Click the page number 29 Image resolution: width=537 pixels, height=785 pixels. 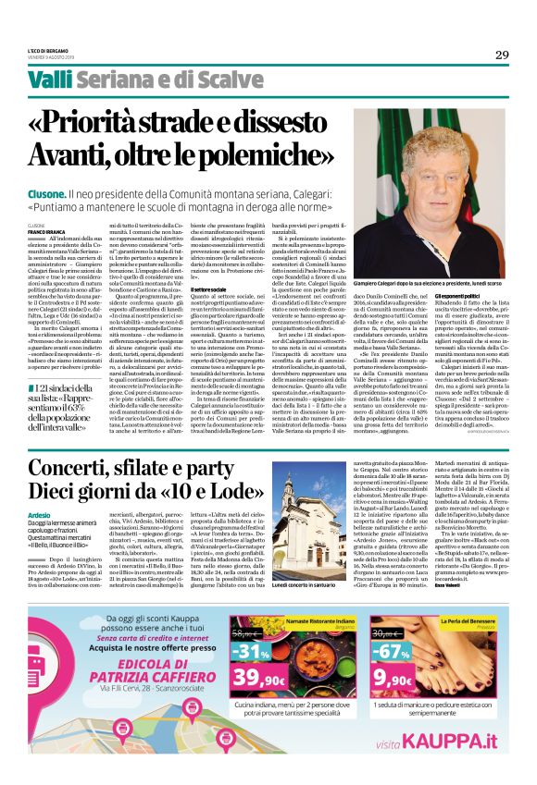point(502,55)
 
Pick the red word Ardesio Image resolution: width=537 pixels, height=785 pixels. point(40,540)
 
